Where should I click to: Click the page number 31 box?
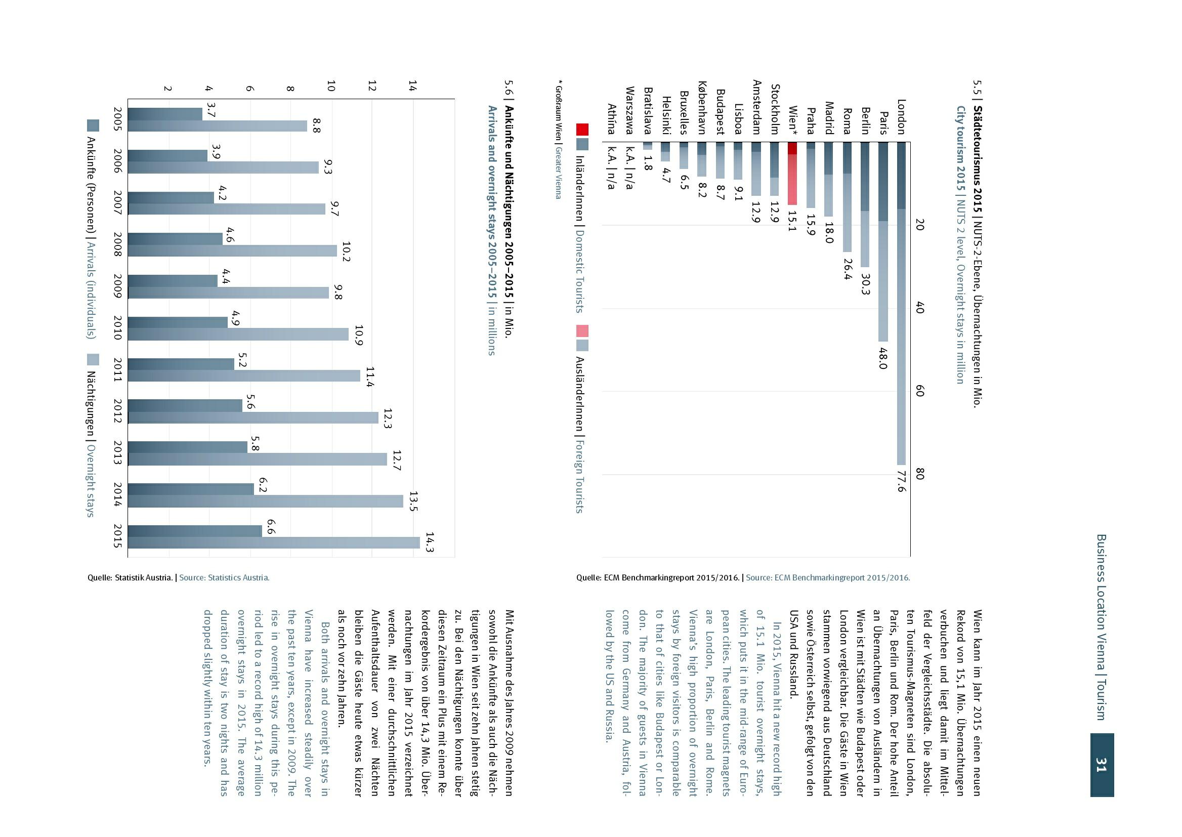point(1102,765)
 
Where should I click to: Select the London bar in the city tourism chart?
point(901,304)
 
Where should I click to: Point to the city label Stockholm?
point(775,109)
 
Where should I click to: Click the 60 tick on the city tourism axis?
point(919,391)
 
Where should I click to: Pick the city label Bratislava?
point(648,111)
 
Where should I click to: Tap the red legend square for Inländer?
point(582,130)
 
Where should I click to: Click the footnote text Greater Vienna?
point(558,173)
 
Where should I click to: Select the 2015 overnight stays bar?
point(274,542)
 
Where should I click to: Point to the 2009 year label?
point(117,286)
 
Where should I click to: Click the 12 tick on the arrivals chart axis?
point(372,86)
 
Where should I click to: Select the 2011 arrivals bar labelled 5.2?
point(181,364)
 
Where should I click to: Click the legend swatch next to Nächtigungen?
point(93,360)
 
